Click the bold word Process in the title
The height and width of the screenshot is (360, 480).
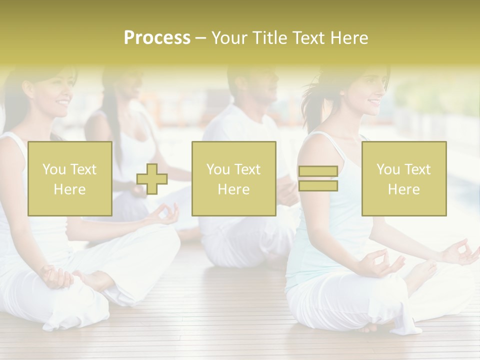point(157,38)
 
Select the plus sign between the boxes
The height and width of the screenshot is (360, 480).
point(152,179)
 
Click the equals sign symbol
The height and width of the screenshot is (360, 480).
point(318,178)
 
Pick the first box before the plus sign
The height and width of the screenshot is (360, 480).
point(70,179)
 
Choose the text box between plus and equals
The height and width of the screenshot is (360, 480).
point(233,179)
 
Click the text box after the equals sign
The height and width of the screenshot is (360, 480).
point(404,179)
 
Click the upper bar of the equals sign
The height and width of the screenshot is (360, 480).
point(318,171)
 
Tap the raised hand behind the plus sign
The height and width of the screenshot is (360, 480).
point(165,213)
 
